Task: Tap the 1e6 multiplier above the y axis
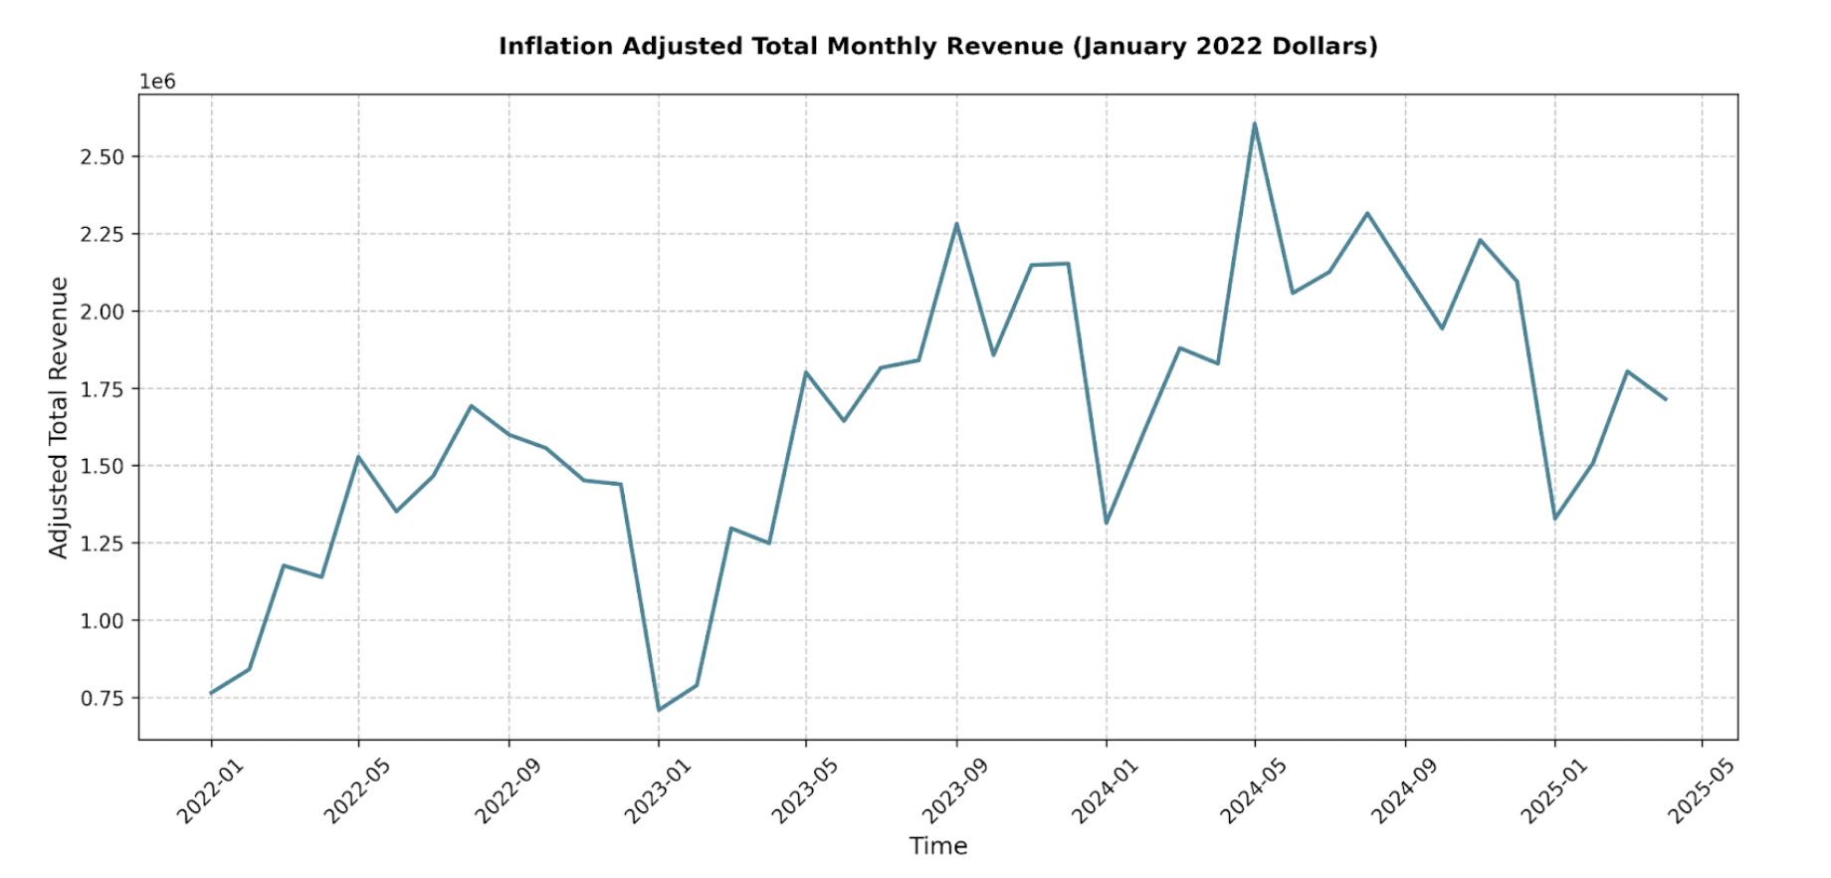157,82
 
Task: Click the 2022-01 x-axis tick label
210,790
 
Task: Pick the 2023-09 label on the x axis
955,790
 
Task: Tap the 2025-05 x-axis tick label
1701,790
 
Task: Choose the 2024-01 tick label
1105,790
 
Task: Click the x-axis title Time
937,846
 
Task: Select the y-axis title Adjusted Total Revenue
59,417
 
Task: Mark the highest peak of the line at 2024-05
1255,124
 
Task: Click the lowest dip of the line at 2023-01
659,710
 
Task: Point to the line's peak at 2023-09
956,224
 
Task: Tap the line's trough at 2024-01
1106,524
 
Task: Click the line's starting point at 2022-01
211,693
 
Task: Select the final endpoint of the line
1666,400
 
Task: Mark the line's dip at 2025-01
1554,519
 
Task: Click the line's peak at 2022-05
358,457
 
